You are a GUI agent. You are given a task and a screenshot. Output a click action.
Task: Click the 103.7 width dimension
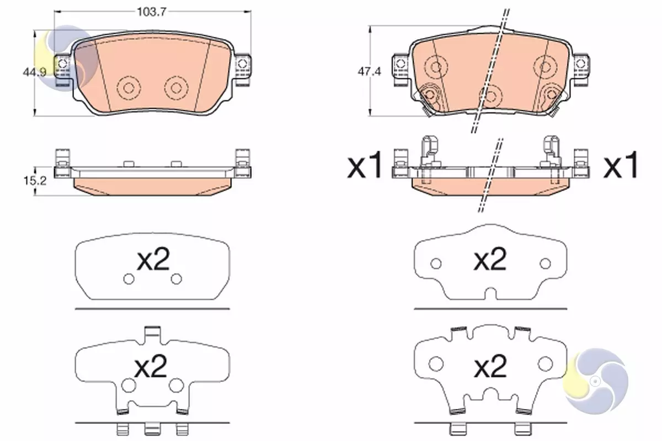point(152,12)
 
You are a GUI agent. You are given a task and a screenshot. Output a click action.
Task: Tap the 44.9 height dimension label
point(35,72)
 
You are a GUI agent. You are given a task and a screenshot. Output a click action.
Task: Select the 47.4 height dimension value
point(370,72)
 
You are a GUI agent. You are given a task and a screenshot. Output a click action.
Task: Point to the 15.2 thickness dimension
point(35,181)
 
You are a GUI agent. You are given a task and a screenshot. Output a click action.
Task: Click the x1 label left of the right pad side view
point(365,167)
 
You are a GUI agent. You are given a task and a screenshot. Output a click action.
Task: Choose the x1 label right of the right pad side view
point(621,167)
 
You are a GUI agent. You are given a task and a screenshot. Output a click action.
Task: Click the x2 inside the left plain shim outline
point(153,259)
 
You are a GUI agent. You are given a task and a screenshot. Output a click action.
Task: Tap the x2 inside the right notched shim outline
point(490,259)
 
